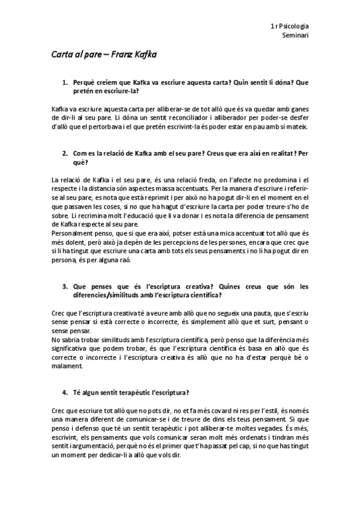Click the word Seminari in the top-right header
tap(296, 36)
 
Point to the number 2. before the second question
tap(65, 153)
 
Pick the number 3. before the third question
tap(65, 287)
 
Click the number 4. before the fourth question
tap(65, 393)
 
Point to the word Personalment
tap(73, 232)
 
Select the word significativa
tap(72, 349)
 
